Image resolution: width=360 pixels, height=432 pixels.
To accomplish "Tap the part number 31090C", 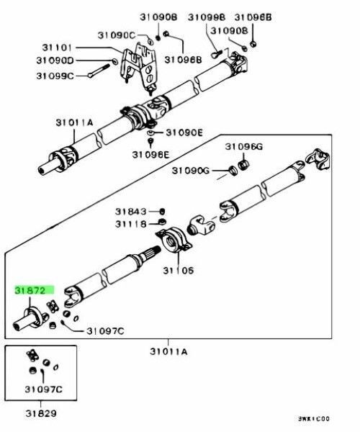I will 117,34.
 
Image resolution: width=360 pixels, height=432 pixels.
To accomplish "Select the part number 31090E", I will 185,132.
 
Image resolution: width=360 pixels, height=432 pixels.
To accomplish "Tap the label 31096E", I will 150,153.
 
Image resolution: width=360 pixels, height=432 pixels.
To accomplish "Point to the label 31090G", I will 191,170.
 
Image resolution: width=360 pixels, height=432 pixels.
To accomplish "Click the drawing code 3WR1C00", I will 319,418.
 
